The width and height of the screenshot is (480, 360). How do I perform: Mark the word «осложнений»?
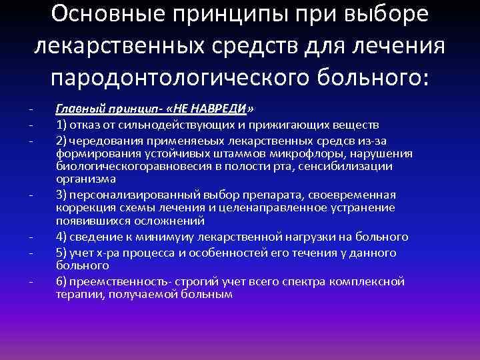[151, 222]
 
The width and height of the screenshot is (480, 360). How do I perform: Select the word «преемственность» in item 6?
[112, 281]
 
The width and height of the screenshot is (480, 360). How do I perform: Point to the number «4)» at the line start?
[61, 237]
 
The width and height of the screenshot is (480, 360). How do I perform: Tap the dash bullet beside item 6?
[31, 281]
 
